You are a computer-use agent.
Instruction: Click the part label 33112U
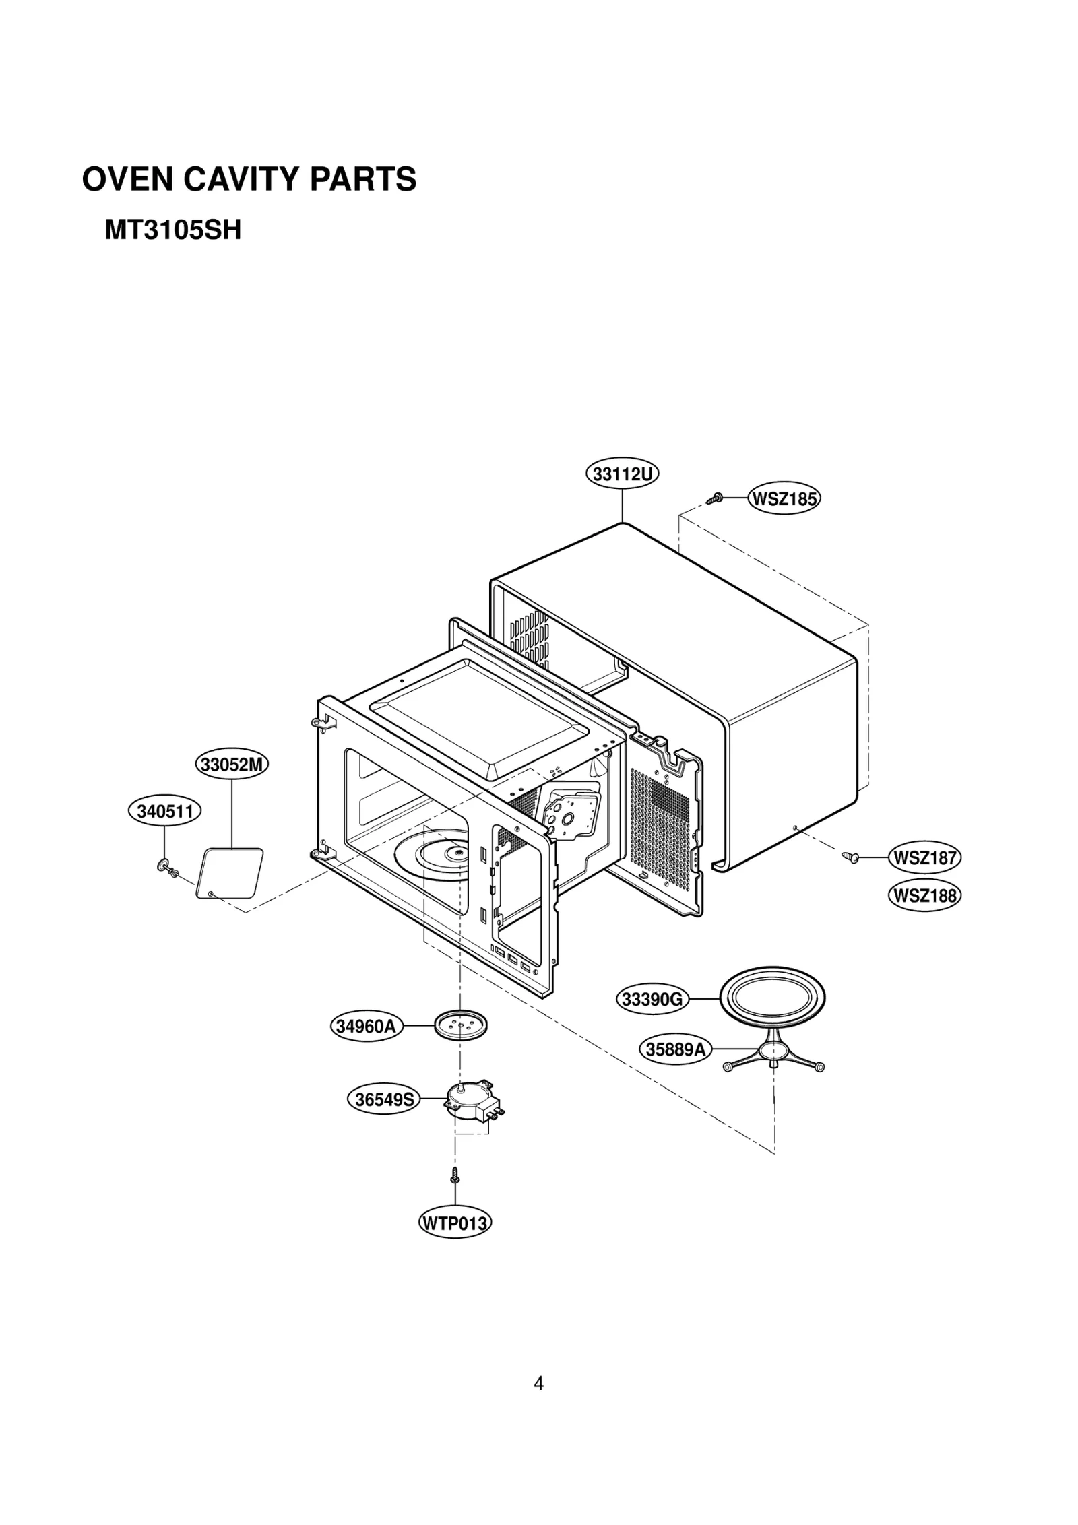pyautogui.click(x=621, y=474)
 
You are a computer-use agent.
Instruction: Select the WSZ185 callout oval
pyautogui.click(x=784, y=499)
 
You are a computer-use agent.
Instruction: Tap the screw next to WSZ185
pyautogui.click(x=715, y=498)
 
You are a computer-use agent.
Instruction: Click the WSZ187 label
pyautogui.click(x=924, y=857)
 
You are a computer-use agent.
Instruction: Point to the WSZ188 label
pyautogui.click(x=924, y=895)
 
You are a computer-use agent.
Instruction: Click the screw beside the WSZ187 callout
pyautogui.click(x=850, y=857)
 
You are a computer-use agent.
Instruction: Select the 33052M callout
pyautogui.click(x=232, y=765)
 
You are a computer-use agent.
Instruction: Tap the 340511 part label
pyautogui.click(x=165, y=812)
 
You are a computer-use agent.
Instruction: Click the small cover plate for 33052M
pyautogui.click(x=229, y=873)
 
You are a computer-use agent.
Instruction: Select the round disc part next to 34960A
pyautogui.click(x=460, y=1025)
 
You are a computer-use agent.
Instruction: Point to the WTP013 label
pyautogui.click(x=455, y=1223)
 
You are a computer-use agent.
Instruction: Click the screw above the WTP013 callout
pyautogui.click(x=455, y=1175)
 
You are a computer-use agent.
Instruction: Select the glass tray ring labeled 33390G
pyautogui.click(x=772, y=998)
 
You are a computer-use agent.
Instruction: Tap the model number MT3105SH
pyautogui.click(x=172, y=231)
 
